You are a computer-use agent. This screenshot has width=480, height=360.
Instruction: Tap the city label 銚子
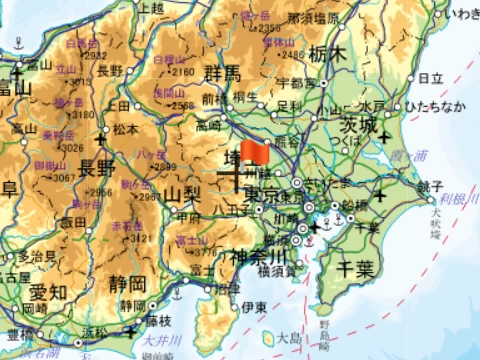point(429,186)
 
